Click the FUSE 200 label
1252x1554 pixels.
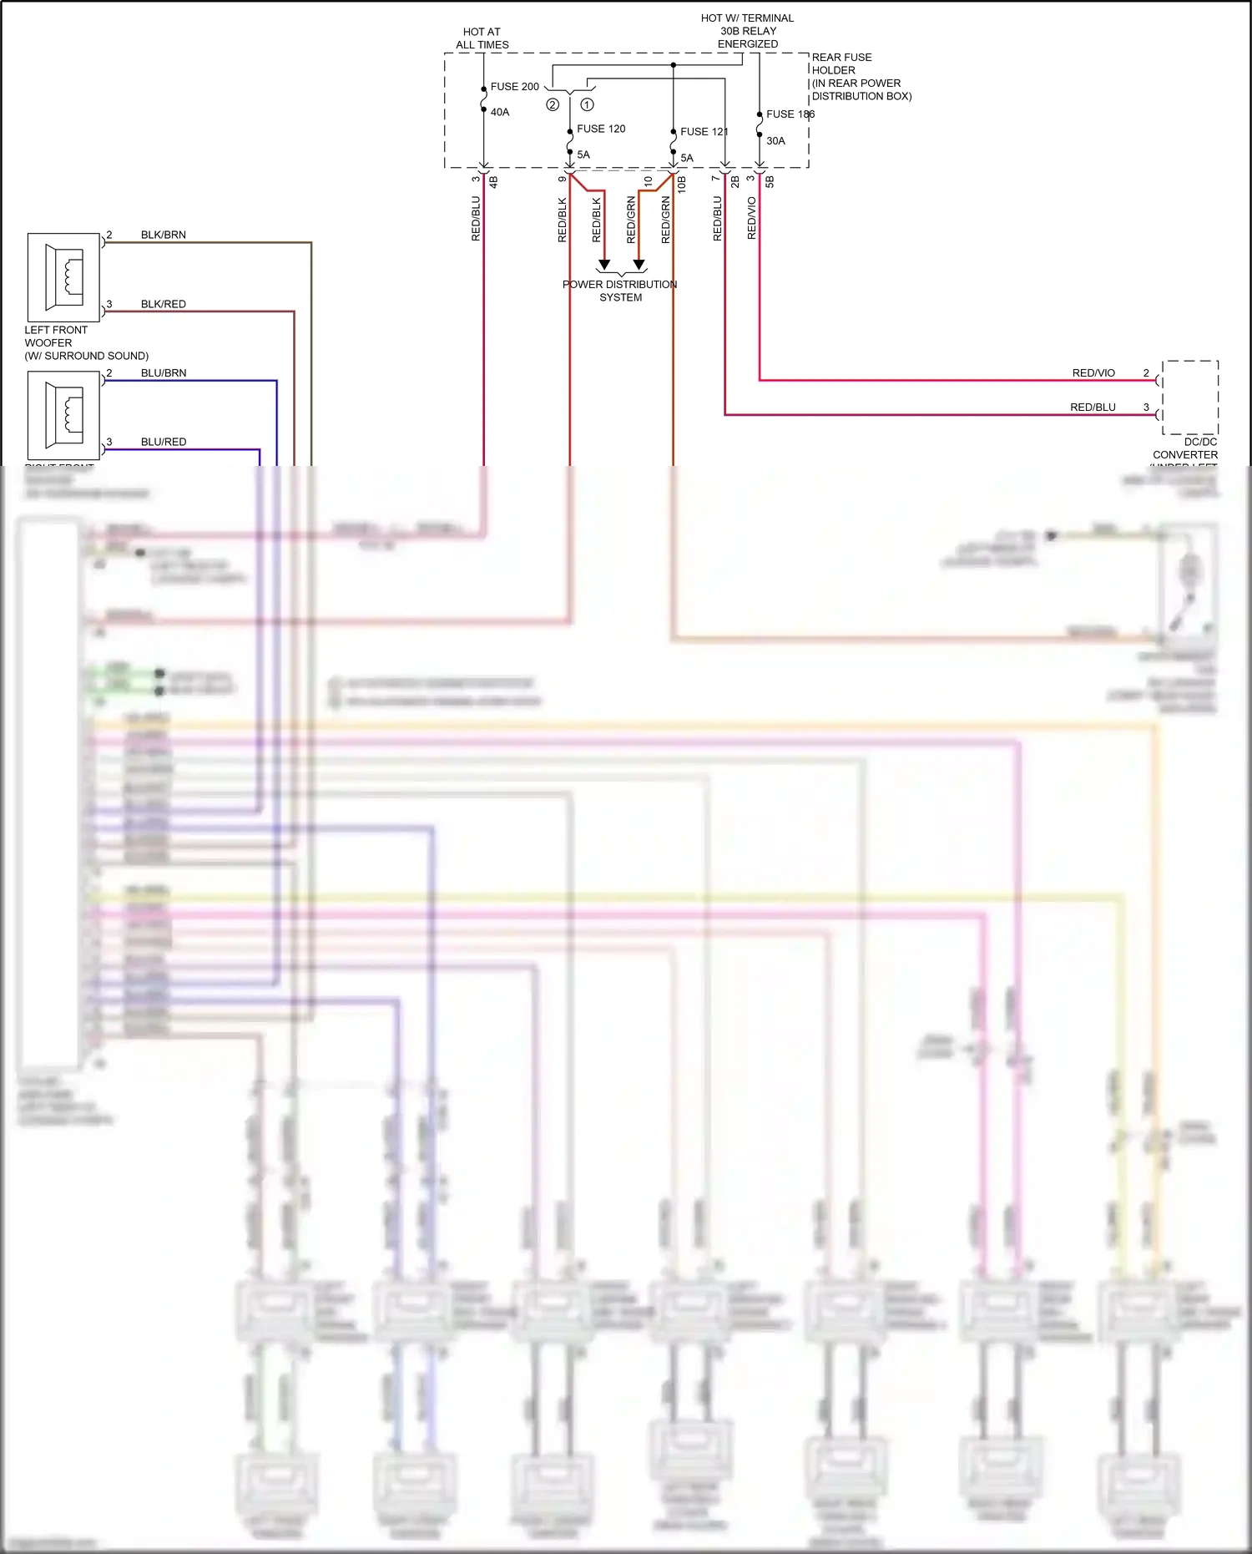pyautogui.click(x=514, y=87)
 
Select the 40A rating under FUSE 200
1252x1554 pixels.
pyautogui.click(x=500, y=112)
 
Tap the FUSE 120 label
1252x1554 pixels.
pyautogui.click(x=601, y=129)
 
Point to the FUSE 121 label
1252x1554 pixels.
pyautogui.click(x=704, y=132)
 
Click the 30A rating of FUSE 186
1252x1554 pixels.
pyautogui.click(x=775, y=141)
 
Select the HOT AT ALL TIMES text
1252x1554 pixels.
pyautogui.click(x=482, y=38)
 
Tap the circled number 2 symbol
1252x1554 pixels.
pyautogui.click(x=553, y=105)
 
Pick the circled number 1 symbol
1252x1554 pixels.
pyautogui.click(x=588, y=105)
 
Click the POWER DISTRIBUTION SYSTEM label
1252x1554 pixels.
pyautogui.click(x=620, y=291)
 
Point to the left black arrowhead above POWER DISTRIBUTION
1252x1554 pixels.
pyautogui.click(x=604, y=265)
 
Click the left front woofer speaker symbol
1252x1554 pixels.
pyautogui.click(x=63, y=277)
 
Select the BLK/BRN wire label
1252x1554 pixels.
pyautogui.click(x=164, y=235)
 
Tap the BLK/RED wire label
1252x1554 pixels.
pyautogui.click(x=164, y=304)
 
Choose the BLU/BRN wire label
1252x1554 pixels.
pyautogui.click(x=164, y=373)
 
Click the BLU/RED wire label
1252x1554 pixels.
pyautogui.click(x=164, y=442)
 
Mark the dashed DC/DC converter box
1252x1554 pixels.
pyautogui.click(x=1190, y=397)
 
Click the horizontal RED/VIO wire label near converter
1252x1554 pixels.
pyautogui.click(x=1093, y=373)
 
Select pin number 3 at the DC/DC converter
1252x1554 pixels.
pyautogui.click(x=1146, y=407)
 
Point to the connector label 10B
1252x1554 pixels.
pyautogui.click(x=682, y=185)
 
